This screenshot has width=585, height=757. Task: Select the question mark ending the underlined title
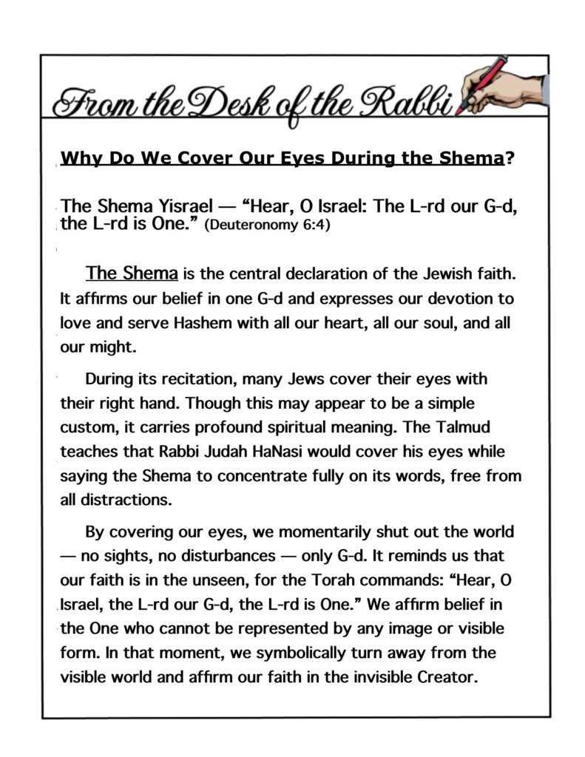pyautogui.click(x=508, y=158)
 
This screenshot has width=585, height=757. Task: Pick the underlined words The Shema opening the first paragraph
pyautogui.click(x=132, y=274)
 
